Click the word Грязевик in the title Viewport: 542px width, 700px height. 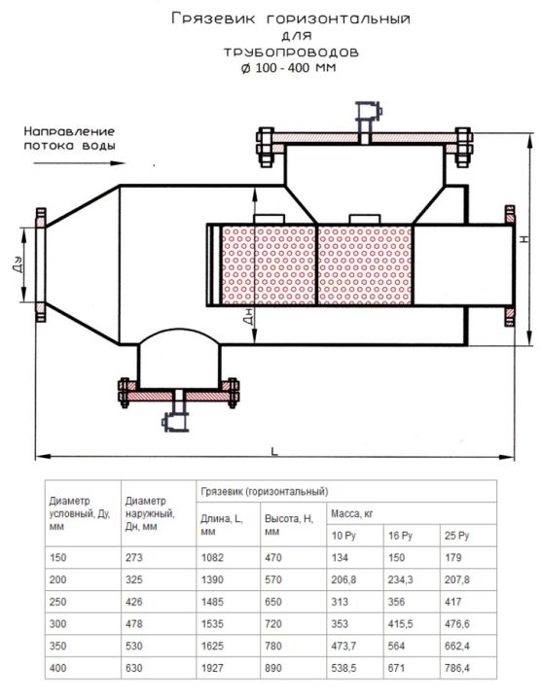click(213, 18)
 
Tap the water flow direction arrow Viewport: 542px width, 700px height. click(80, 163)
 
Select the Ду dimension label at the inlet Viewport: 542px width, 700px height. click(17, 264)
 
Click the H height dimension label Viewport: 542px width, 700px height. click(524, 239)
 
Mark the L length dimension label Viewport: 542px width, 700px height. click(274, 451)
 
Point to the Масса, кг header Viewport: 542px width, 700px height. click(351, 514)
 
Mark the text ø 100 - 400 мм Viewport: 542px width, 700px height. click(289, 68)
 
